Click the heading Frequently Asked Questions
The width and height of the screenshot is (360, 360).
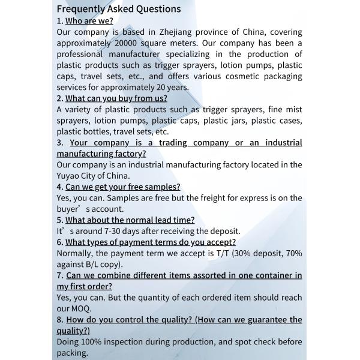118,9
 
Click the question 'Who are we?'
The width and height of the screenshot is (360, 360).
89,20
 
